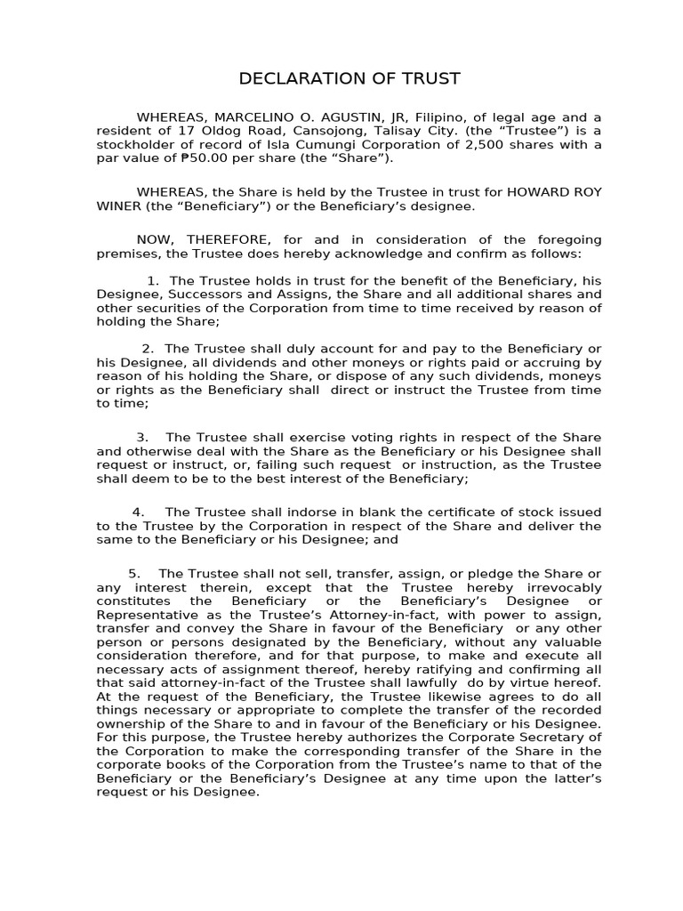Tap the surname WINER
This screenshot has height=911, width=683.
[x=119, y=206]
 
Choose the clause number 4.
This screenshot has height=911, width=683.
[x=138, y=512]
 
